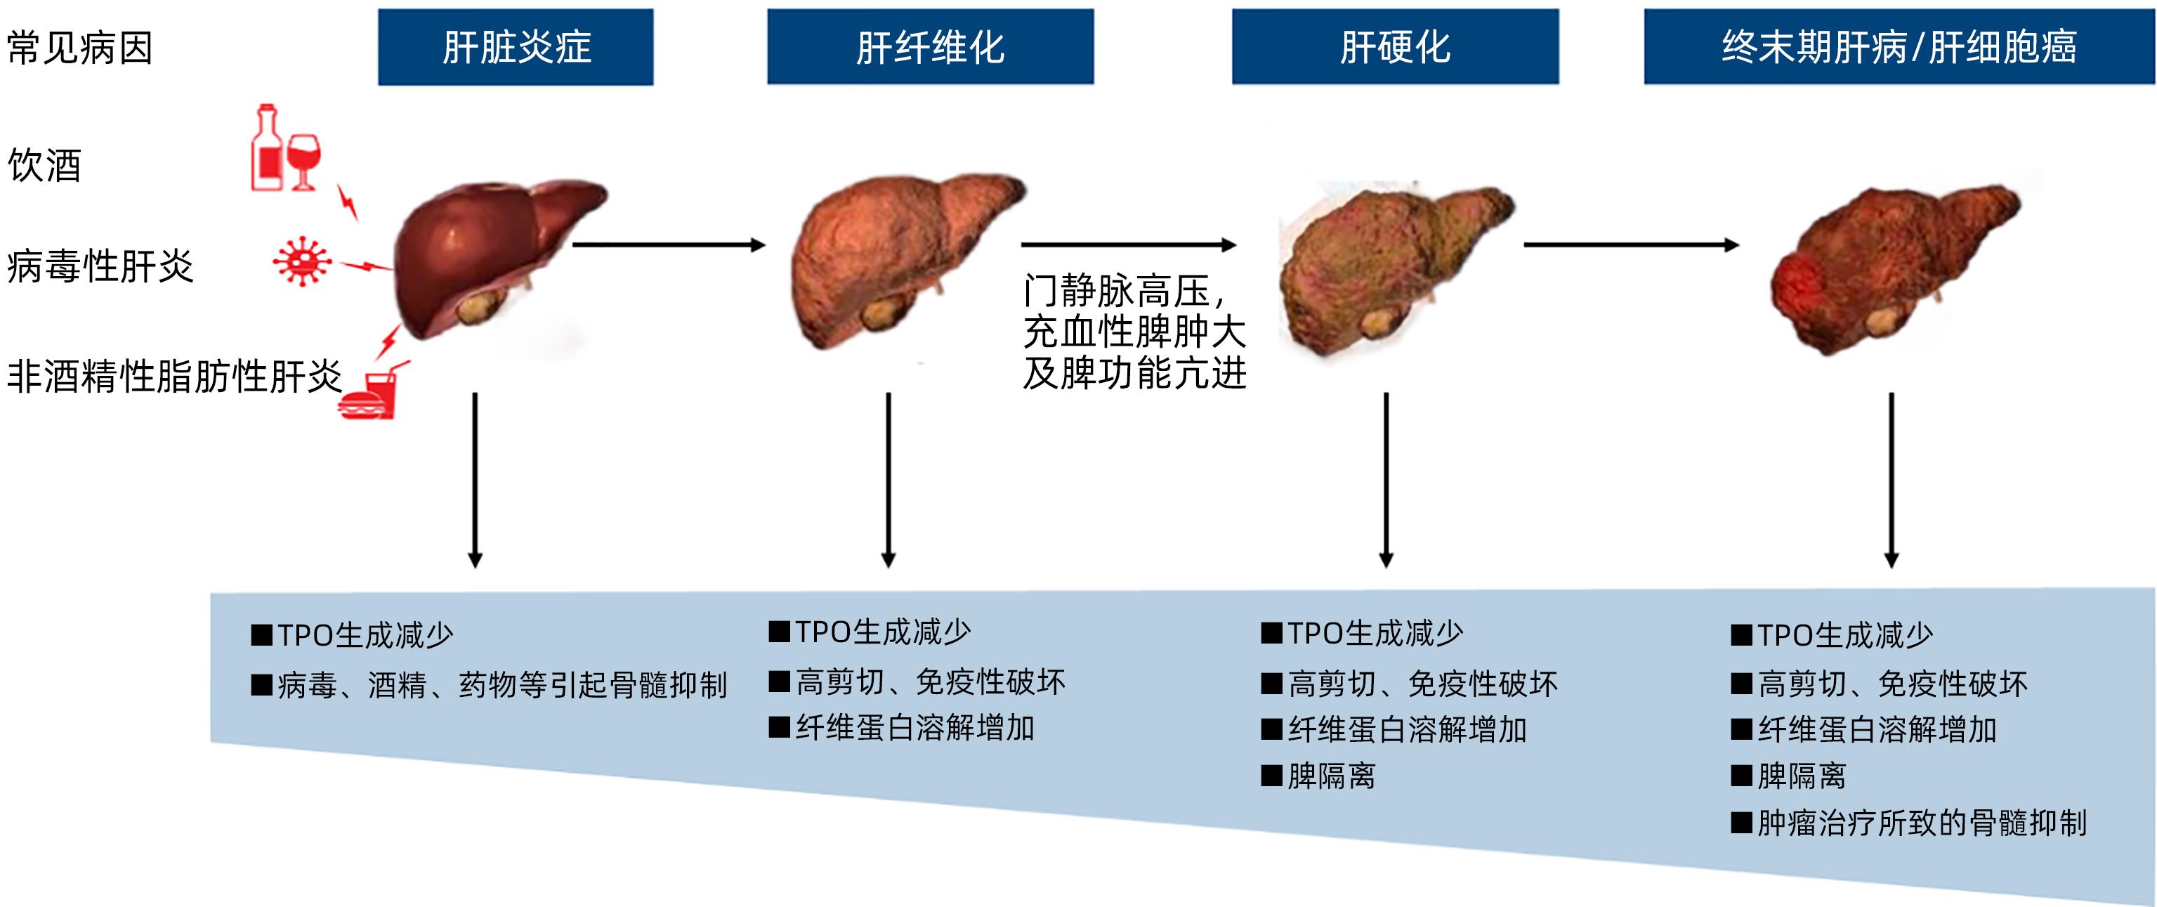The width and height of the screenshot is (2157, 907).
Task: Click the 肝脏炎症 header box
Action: (515, 47)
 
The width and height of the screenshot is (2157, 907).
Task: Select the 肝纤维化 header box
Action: (929, 47)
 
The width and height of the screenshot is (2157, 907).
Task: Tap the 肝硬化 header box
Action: (1395, 47)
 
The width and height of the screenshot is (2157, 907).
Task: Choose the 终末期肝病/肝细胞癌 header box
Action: (1899, 47)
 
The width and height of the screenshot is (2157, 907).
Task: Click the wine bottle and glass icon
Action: (284, 149)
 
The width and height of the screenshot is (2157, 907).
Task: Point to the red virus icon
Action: (301, 261)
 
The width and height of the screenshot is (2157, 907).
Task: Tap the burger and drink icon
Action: (369, 393)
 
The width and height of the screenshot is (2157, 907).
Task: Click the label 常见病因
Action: (79, 48)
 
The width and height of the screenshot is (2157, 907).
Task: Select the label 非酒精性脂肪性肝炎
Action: (174, 376)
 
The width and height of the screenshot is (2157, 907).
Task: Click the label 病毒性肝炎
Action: (100, 266)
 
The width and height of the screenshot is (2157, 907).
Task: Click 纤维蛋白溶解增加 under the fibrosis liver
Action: (914, 728)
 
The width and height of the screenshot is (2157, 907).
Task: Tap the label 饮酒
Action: (44, 165)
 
